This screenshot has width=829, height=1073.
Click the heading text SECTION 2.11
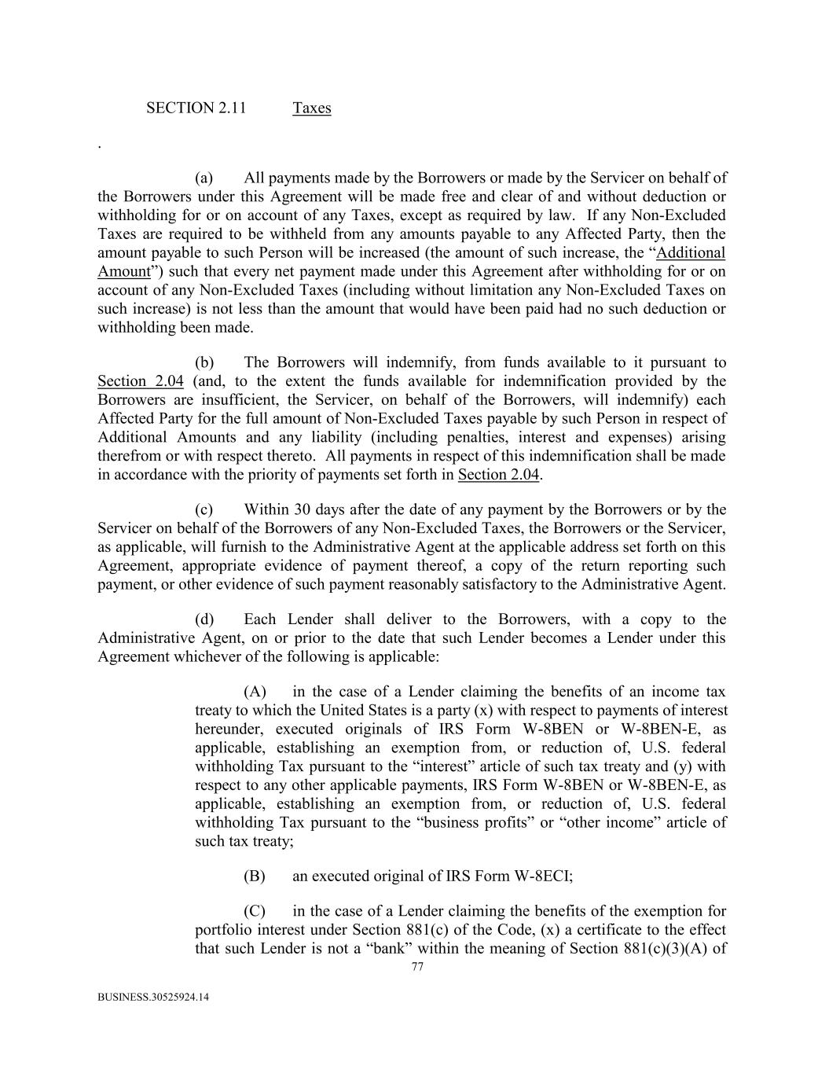(x=196, y=108)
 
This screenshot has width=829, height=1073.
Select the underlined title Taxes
(x=311, y=108)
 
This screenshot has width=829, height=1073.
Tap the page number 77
(x=417, y=967)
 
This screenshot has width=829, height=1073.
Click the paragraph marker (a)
(x=204, y=178)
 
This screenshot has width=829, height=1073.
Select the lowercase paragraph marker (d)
(x=204, y=619)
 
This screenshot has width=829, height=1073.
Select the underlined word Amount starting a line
(x=123, y=271)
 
